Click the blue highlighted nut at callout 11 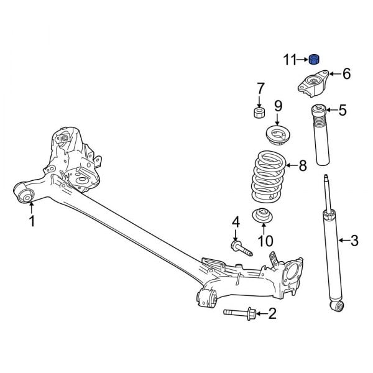[315, 60]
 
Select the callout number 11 [290, 60]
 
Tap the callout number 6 [346, 75]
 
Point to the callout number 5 [342, 111]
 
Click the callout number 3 [354, 240]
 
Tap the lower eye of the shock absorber [337, 305]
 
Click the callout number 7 [261, 88]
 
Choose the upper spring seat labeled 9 [277, 134]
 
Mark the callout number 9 [278, 106]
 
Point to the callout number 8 [303, 166]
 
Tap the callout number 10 [265, 241]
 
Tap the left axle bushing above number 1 [26, 196]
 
